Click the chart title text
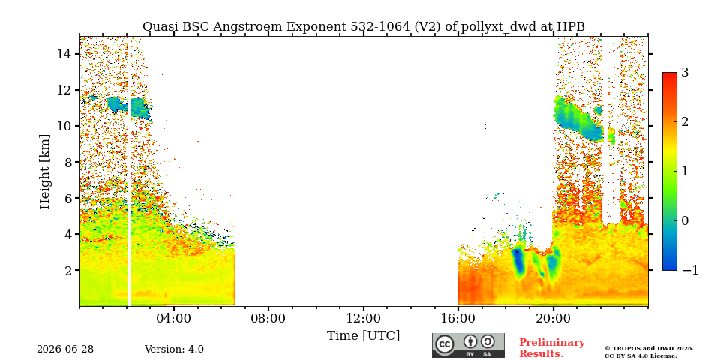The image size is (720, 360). [x=363, y=27]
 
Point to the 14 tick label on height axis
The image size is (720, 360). [x=64, y=54]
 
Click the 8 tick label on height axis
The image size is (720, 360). [x=67, y=162]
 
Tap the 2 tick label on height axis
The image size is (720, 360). [x=67, y=270]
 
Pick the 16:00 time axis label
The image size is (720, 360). [x=458, y=318]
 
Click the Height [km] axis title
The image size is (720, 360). [x=44, y=172]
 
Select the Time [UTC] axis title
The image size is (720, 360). [x=363, y=336]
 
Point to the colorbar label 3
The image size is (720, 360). [x=685, y=73]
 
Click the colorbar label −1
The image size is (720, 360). [x=690, y=270]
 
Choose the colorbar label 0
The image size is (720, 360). [x=685, y=220]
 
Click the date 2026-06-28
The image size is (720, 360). [x=65, y=349]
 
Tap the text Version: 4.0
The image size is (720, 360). [x=174, y=349]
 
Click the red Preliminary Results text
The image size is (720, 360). [x=552, y=347]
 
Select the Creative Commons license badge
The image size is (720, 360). [x=468, y=345]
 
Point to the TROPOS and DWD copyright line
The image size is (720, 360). [x=649, y=349]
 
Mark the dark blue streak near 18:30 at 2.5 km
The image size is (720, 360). [x=519, y=262]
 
